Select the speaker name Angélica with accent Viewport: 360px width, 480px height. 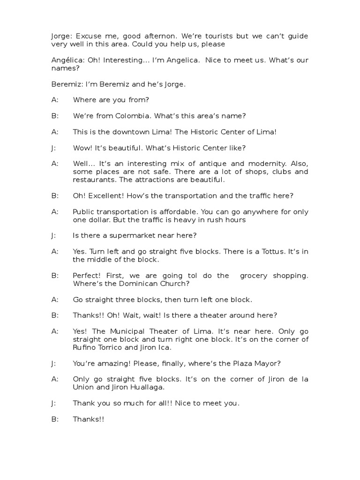coord(66,60)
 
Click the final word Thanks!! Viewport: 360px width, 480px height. coord(88,419)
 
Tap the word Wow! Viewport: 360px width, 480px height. coord(82,148)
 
